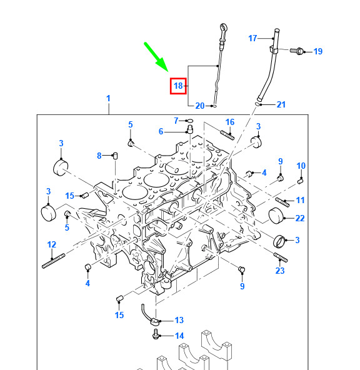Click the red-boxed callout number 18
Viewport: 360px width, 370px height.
tap(178, 86)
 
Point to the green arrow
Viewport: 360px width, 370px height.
tap(157, 57)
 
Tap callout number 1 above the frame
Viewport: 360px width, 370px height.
tap(108, 98)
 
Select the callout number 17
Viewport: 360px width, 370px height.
tap(252, 38)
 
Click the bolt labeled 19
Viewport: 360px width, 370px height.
tap(296, 51)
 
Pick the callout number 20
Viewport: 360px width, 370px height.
tap(200, 106)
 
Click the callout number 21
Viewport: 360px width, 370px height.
tap(281, 104)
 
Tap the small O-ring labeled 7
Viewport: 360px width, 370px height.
tap(189, 121)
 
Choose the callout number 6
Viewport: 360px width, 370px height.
tap(161, 131)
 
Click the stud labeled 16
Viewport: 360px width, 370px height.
tap(227, 135)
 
